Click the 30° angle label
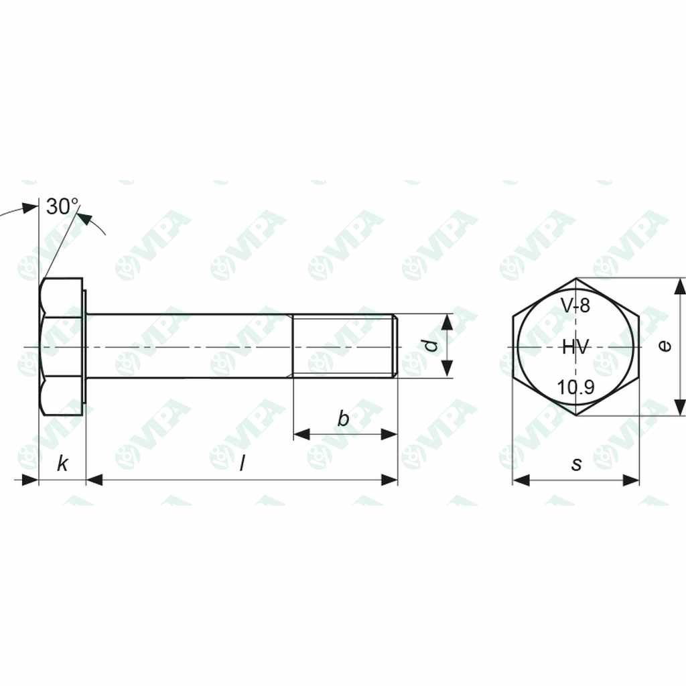tap(62, 206)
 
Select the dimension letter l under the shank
tap(242, 463)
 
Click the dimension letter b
tap(343, 419)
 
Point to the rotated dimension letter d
tap(432, 346)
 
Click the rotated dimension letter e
tap(663, 346)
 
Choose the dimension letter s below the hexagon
tap(576, 464)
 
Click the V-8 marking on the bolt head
tap(575, 306)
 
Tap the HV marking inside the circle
tap(575, 346)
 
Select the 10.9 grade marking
tap(575, 387)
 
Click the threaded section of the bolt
tap(342, 346)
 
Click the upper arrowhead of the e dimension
tap(680, 287)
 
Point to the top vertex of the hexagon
tap(576, 278)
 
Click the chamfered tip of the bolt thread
tap(395, 346)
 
